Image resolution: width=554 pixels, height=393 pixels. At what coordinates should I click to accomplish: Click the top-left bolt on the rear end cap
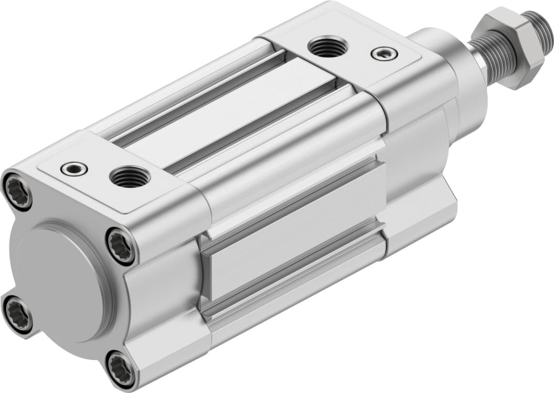[x=17, y=191]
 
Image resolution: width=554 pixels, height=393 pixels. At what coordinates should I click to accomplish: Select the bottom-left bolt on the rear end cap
[x=17, y=313]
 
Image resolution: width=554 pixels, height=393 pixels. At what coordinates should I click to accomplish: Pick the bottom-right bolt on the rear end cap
[x=120, y=367]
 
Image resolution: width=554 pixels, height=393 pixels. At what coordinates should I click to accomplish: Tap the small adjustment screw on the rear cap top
[x=73, y=168]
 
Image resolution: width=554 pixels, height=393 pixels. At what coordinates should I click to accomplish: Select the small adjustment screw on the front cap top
[x=383, y=53]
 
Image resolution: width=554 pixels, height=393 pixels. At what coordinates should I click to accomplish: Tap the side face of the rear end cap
[x=163, y=293]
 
